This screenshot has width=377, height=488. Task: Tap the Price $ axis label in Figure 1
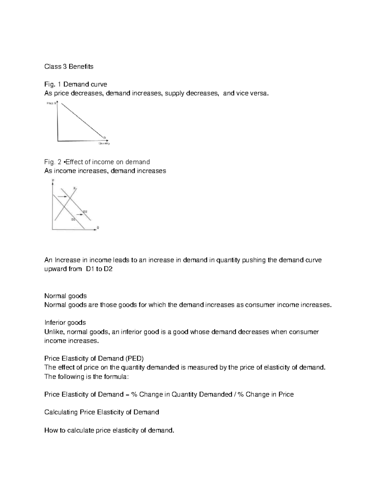coord(51,103)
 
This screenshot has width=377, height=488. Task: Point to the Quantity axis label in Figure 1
coord(104,144)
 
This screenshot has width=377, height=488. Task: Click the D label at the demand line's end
coord(105,137)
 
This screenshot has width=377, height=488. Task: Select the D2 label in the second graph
coord(85,211)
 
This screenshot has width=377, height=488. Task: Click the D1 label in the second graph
coord(73,219)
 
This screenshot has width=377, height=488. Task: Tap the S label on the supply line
coord(74,188)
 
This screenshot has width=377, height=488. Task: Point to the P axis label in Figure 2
coord(53,180)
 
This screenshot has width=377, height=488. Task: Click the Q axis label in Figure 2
coord(98,228)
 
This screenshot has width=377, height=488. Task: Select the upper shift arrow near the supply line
coord(63,196)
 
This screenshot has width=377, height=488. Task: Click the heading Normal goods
coord(65,296)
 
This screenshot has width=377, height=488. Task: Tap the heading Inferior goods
coord(65,323)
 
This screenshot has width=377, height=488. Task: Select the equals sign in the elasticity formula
coord(127,394)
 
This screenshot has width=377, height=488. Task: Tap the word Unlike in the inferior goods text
coord(54,332)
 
